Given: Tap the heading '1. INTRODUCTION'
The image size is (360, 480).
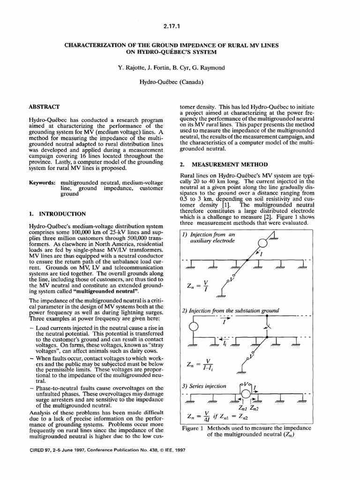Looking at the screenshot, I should click(x=57, y=213).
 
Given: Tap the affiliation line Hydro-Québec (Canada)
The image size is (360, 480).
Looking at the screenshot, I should click(x=180, y=83).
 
